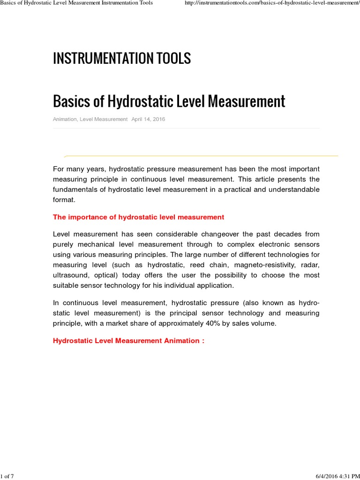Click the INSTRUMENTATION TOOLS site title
click(x=122, y=59)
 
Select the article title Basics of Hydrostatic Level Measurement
click(x=169, y=101)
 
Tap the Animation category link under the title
click(x=65, y=120)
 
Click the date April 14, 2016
click(x=148, y=120)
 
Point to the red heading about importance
click(x=138, y=217)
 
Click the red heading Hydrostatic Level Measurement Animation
click(x=128, y=341)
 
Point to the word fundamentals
click(x=79, y=189)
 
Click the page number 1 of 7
click(x=7, y=477)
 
